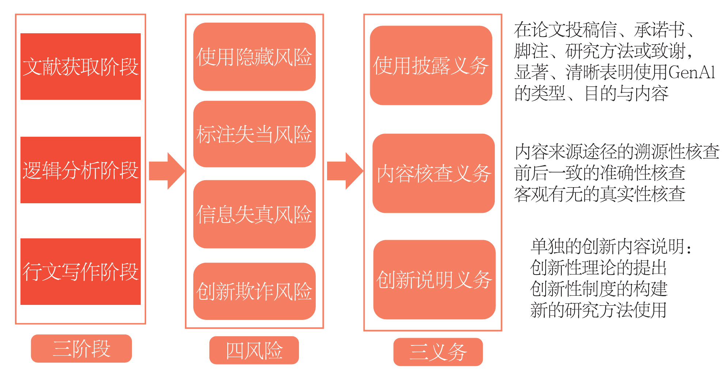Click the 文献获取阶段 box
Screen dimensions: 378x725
pyautogui.click(x=80, y=67)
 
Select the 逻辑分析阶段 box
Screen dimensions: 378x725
pyautogui.click(x=80, y=170)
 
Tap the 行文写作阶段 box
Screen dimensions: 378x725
pyautogui.click(x=80, y=272)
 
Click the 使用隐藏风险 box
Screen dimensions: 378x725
pyautogui.click(x=254, y=57)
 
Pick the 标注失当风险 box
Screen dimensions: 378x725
pyautogui.click(x=254, y=134)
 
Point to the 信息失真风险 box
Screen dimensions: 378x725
pyautogui.click(x=254, y=214)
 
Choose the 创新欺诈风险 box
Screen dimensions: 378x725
pyautogui.click(x=254, y=291)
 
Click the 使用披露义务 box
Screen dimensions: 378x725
pyautogui.click(x=431, y=65)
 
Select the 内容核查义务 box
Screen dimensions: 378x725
pyautogui.click(x=433, y=173)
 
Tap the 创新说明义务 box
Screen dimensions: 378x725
pyautogui.click(x=434, y=280)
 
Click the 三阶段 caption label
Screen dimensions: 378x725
pyautogui.click(x=81, y=348)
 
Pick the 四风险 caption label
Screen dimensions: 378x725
pyautogui.click(x=254, y=350)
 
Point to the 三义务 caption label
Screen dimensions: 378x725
pyautogui.click(x=438, y=352)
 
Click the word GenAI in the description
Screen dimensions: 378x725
pyautogui.click(x=691, y=72)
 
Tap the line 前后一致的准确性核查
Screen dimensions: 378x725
pyautogui.click(x=600, y=173)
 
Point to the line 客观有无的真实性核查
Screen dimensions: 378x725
pyautogui.click(x=600, y=194)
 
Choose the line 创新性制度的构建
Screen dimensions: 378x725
pyautogui.click(x=599, y=289)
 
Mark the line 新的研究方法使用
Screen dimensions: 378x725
pyautogui.click(x=598, y=310)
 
